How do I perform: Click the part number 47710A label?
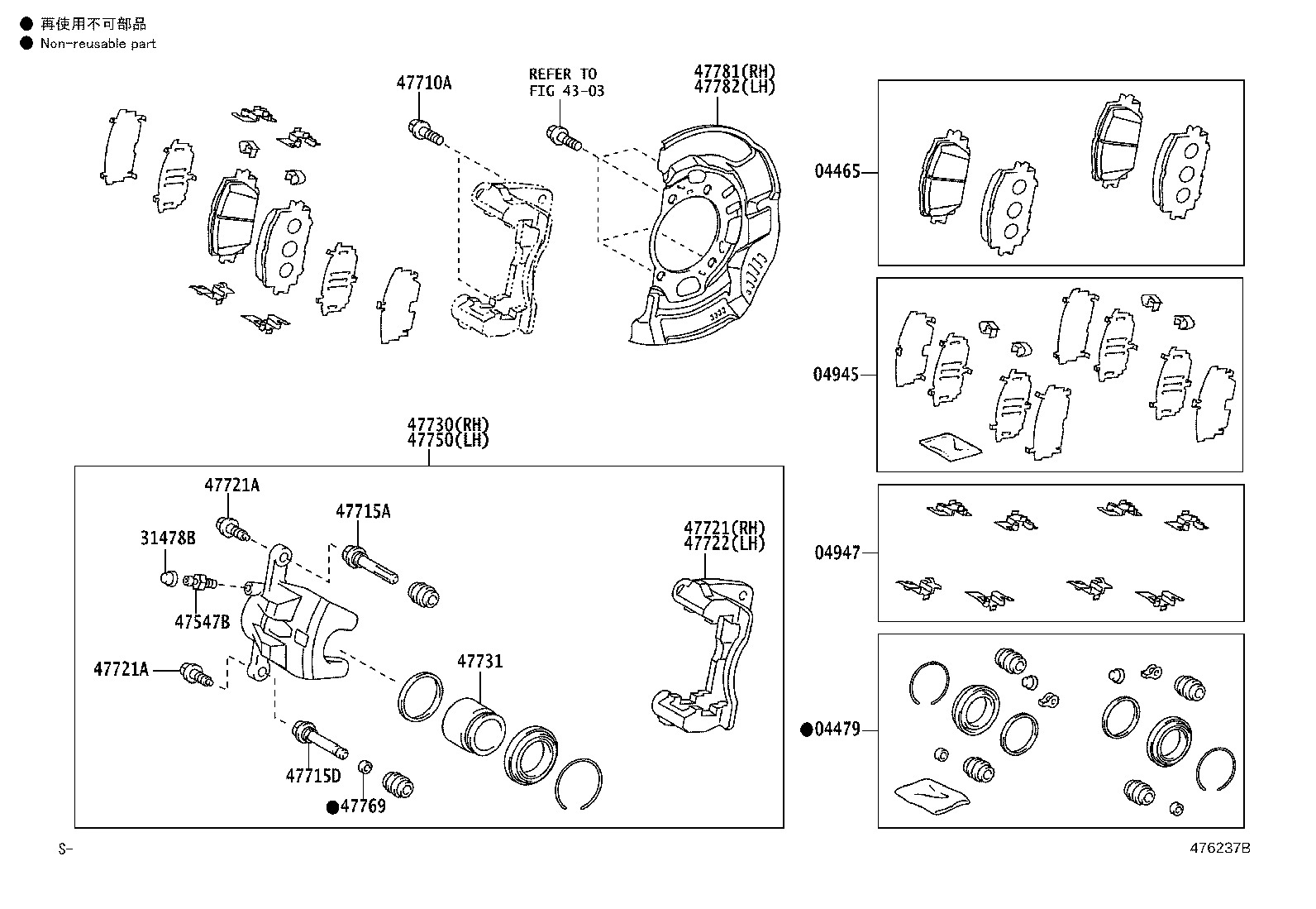[423, 83]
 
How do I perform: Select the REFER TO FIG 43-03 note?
[566, 82]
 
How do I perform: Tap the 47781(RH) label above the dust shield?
[734, 72]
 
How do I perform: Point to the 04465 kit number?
[837, 172]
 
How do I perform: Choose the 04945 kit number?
[836, 375]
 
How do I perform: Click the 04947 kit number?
[837, 553]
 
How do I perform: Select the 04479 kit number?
[837, 730]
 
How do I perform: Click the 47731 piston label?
[479, 662]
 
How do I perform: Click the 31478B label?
[167, 538]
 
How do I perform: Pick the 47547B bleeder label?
[202, 622]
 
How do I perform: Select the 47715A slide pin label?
[363, 512]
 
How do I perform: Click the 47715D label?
[313, 776]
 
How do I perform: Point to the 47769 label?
[363, 806]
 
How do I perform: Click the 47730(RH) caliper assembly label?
[447, 425]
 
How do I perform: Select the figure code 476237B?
[1219, 849]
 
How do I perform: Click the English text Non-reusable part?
[98, 43]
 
